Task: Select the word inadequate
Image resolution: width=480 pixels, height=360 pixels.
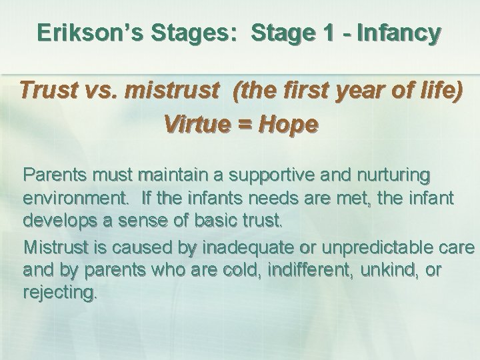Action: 238,248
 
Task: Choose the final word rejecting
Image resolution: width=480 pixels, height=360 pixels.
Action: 60,291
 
